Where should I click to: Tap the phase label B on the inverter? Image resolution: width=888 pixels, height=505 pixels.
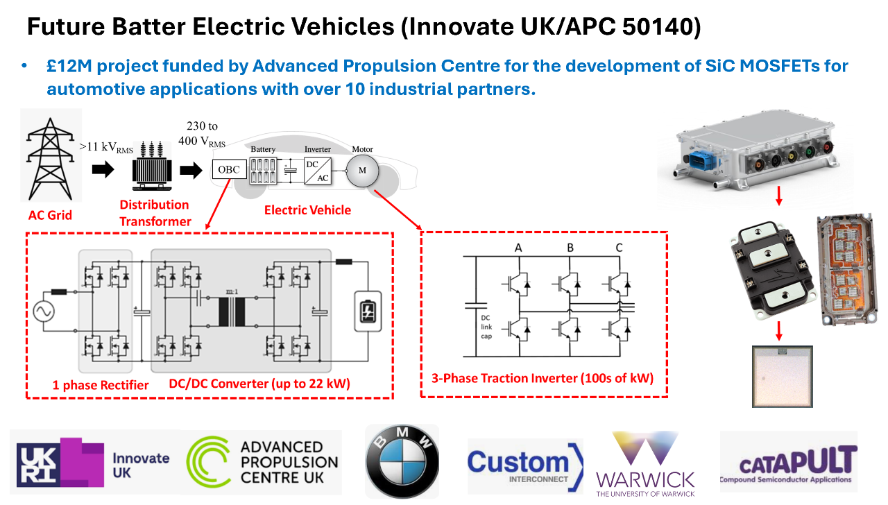570,248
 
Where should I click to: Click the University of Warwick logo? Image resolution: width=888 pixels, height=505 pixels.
645,463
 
